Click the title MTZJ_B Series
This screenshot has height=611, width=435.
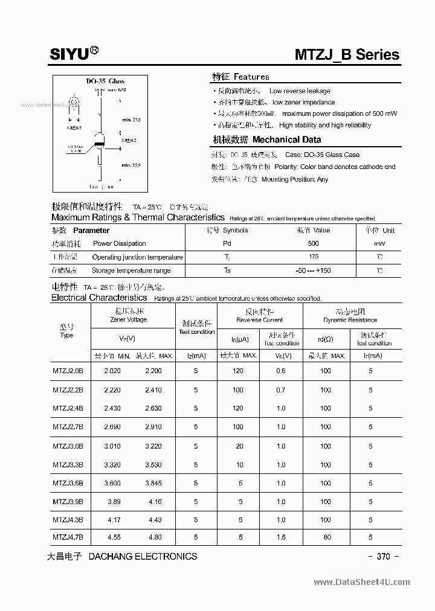(347, 55)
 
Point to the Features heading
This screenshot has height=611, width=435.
(240, 77)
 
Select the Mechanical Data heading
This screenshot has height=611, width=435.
(266, 139)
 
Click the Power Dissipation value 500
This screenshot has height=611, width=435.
(313, 243)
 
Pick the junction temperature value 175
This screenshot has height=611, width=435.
(313, 257)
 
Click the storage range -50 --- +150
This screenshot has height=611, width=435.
(313, 270)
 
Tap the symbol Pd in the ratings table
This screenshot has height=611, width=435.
(227, 243)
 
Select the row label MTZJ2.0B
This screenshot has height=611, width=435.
(68, 371)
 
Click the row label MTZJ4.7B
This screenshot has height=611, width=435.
(68, 537)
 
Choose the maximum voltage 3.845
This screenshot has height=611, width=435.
(153, 483)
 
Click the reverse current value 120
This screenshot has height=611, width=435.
(238, 371)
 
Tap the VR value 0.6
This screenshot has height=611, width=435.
(281, 371)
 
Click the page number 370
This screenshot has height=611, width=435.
(384, 557)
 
